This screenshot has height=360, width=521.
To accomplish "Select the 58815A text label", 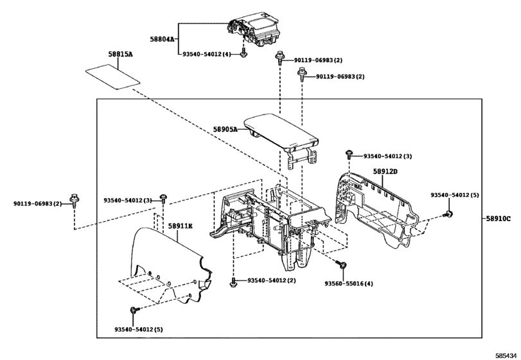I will tap(120, 55).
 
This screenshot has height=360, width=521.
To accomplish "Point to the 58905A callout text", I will tap(225, 129).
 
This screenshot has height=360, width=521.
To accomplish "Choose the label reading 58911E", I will tap(181, 226).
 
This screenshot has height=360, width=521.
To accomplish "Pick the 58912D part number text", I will tap(385, 172).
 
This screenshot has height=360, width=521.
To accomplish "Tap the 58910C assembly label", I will tap(499, 219).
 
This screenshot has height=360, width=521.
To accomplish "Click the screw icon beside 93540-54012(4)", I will tap(243, 54).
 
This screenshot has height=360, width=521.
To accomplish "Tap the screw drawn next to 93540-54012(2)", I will tap(234, 282).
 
